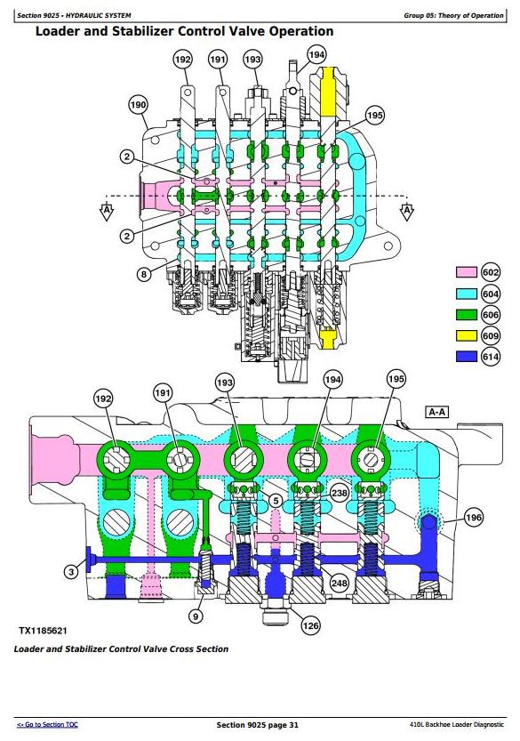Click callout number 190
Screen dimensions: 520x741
[138, 105]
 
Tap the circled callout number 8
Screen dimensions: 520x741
[144, 274]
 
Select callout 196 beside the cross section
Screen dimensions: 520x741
[474, 518]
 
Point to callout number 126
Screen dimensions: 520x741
[310, 625]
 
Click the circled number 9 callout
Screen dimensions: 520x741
[196, 616]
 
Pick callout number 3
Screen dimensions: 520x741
[71, 572]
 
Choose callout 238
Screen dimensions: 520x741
[339, 494]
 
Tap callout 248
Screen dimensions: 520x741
[339, 583]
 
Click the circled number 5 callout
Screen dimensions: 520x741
[276, 501]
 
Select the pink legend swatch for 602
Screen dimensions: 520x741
[466, 272]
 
